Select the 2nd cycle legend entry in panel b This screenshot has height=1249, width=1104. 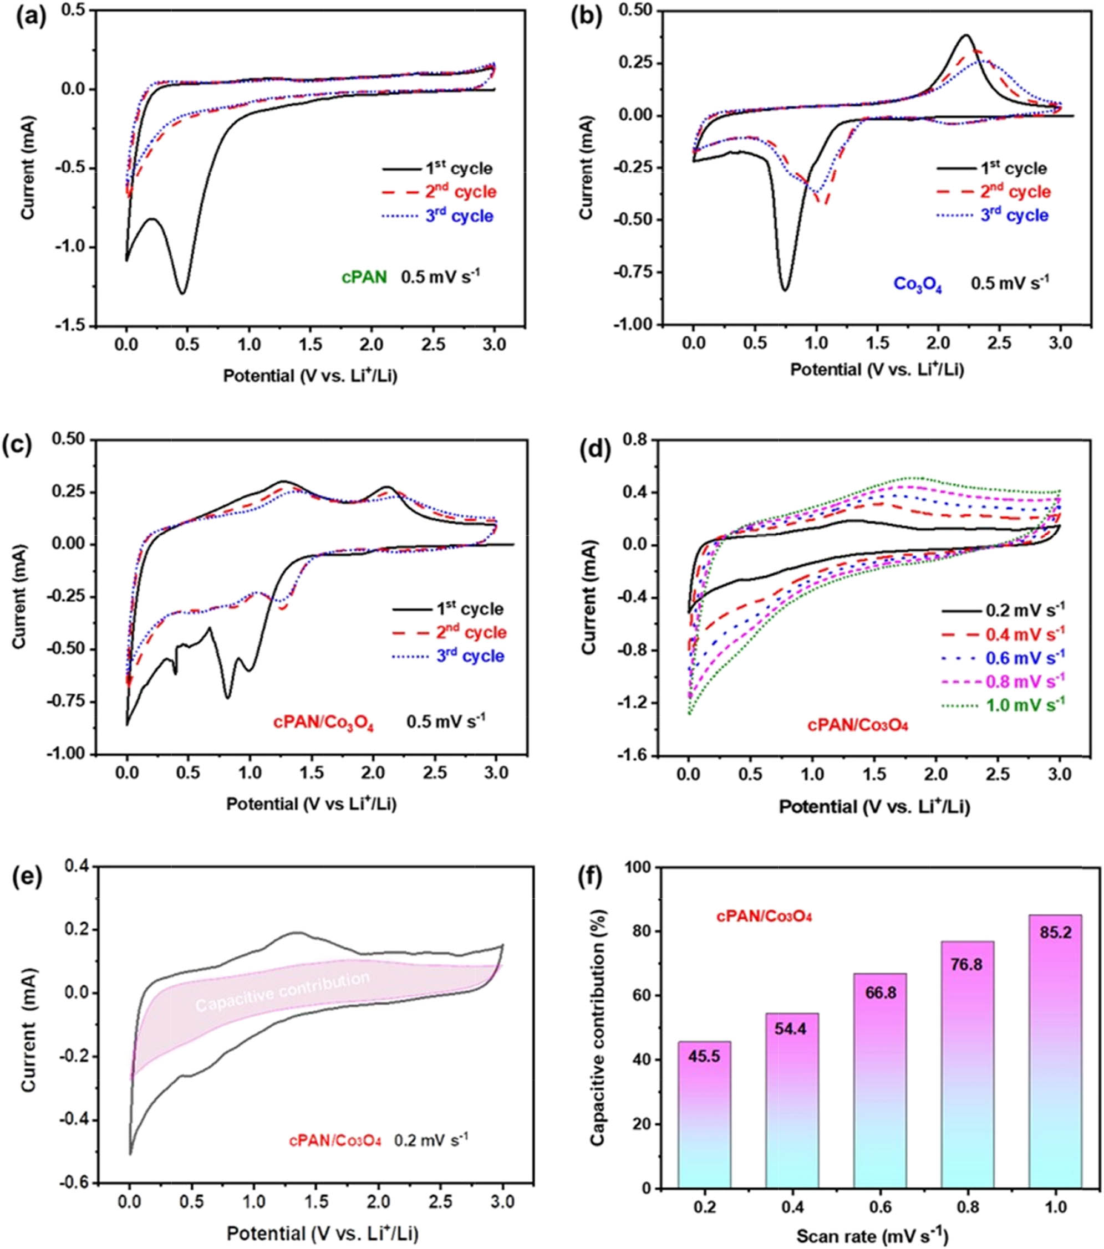pos(993,192)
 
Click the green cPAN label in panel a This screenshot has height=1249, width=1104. pos(364,278)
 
